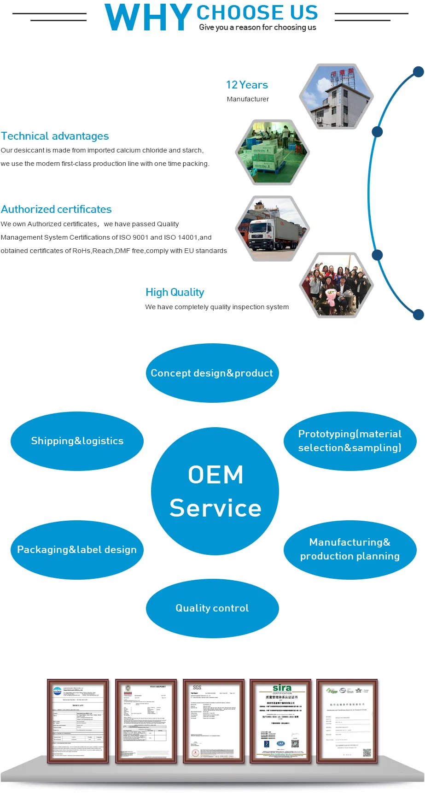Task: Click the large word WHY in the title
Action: tap(148, 18)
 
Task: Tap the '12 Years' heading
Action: tap(247, 85)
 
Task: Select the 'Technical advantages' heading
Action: tap(55, 136)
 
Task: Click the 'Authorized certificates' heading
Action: tap(56, 209)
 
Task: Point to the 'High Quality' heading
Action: tap(175, 292)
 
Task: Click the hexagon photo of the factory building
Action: tap(336, 96)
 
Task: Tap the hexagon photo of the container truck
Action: tap(273, 229)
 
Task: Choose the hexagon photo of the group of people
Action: tap(336, 285)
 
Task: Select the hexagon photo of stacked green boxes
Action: tap(273, 152)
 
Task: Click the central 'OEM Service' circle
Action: tap(215, 491)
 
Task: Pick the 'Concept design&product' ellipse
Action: tap(212, 373)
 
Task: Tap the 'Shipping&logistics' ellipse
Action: tap(77, 441)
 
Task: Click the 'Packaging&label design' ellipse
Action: tap(77, 550)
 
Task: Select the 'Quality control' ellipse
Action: tap(212, 608)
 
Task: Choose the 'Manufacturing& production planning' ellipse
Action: tap(350, 549)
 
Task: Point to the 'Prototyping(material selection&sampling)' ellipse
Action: tap(350, 441)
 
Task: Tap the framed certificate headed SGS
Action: tap(214, 721)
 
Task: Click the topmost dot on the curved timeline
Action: tap(418, 72)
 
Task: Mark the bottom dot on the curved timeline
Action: tap(418, 315)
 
